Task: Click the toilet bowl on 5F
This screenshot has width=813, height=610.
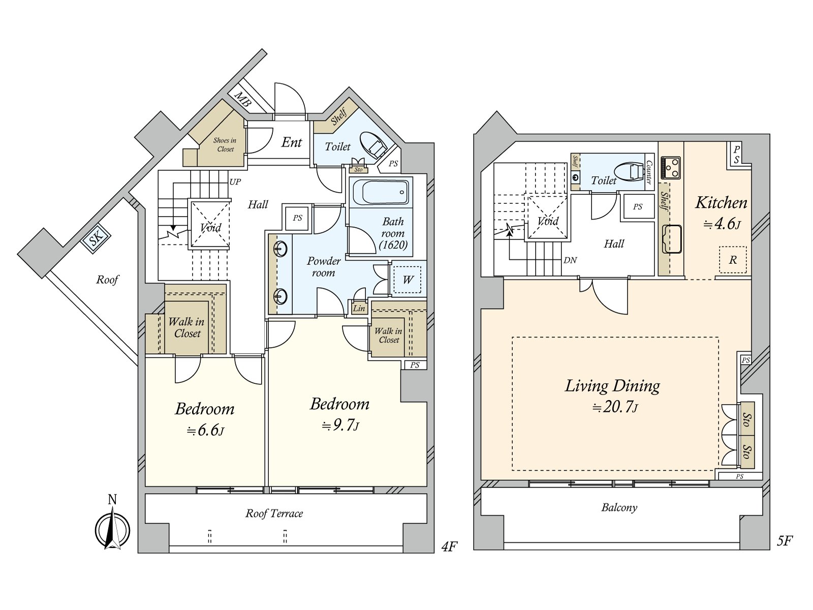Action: pos(629,173)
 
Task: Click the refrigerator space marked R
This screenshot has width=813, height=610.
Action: pos(733,260)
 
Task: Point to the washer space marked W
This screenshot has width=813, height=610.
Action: pos(408,280)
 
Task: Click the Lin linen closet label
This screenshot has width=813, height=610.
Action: pos(359,308)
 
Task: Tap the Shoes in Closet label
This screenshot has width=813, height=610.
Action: pos(225,145)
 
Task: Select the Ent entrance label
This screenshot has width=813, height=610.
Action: pos(292,142)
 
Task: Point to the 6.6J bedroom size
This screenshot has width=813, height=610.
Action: pos(206,431)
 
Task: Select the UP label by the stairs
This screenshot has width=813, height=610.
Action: pos(235,182)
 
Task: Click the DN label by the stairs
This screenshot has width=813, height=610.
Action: pos(570,260)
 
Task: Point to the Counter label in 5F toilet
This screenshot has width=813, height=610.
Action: pos(648,172)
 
